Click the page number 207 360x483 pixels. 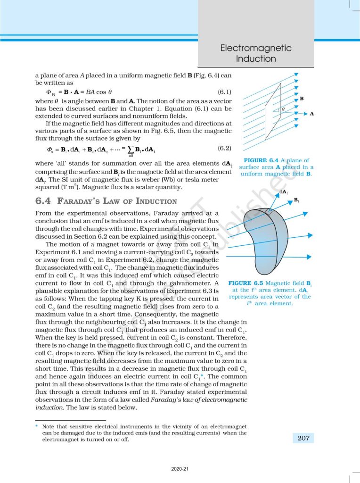coord(303,438)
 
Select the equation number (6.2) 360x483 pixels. coord(224,148)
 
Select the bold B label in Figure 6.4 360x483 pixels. coord(302,99)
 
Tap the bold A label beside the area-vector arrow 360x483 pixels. coord(311,114)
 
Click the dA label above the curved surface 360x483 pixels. coord(284,192)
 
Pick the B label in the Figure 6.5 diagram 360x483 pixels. coord(296,200)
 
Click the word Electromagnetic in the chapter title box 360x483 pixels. coord(256,48)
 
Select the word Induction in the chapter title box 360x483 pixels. coord(256,59)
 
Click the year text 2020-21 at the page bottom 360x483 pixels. coord(180,469)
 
